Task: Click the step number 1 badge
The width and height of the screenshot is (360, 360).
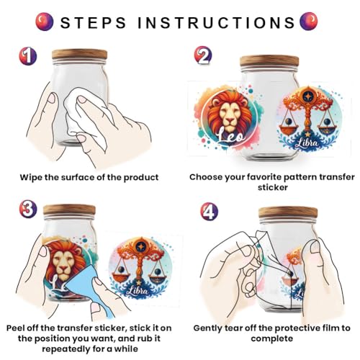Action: (x=28, y=56)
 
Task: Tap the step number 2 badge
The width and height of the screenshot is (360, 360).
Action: (x=203, y=55)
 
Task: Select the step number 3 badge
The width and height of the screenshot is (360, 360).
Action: (x=28, y=209)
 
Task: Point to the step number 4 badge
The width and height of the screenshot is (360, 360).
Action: (x=210, y=211)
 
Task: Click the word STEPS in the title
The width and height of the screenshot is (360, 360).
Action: (x=93, y=22)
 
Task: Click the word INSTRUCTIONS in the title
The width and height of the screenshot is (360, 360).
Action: (x=216, y=22)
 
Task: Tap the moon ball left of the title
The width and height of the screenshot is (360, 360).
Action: (x=45, y=22)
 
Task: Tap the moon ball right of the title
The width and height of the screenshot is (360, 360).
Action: (x=309, y=21)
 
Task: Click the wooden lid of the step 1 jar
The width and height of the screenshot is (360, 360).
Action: (x=79, y=55)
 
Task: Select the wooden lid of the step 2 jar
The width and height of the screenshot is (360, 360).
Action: (x=269, y=61)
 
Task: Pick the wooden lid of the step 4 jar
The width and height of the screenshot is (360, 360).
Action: (x=288, y=212)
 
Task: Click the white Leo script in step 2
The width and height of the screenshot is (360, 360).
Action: (x=230, y=137)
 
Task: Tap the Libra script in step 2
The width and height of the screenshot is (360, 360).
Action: (x=308, y=143)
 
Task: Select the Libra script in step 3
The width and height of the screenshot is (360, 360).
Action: (x=140, y=291)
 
